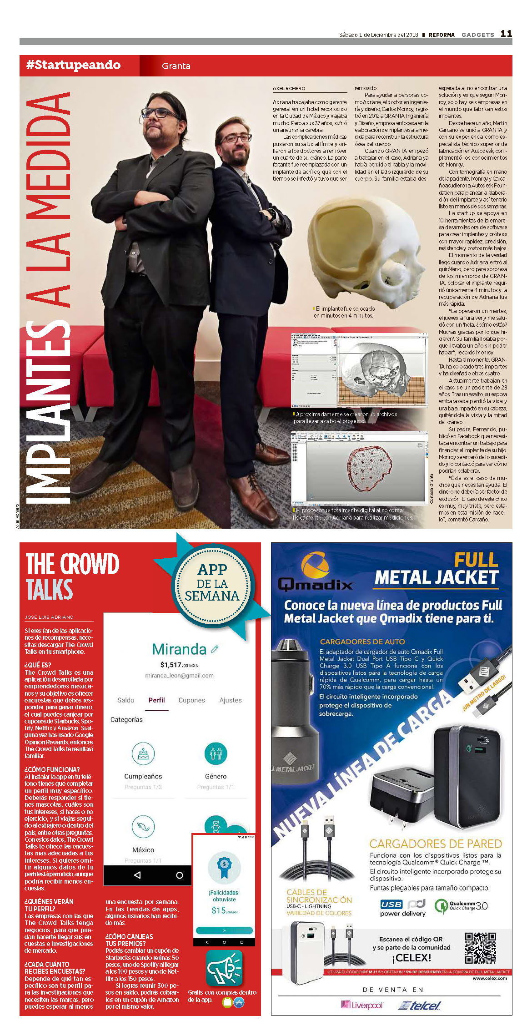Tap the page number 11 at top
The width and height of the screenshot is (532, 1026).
point(506,34)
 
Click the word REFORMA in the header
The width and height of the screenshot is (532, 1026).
point(442,35)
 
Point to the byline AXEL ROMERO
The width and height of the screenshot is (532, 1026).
point(289,88)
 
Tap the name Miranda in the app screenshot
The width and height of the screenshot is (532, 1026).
point(179,649)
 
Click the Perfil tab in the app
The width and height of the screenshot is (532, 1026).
point(156,700)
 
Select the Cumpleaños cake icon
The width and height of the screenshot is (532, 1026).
point(143,753)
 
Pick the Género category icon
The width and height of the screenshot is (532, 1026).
point(216,753)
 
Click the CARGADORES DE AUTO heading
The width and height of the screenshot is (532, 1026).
point(362,642)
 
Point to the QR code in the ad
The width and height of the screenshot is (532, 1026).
point(480,948)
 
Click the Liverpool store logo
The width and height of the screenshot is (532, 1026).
point(362,1005)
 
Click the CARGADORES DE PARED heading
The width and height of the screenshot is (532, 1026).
point(435,844)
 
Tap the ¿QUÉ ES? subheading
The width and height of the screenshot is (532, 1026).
point(38,665)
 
